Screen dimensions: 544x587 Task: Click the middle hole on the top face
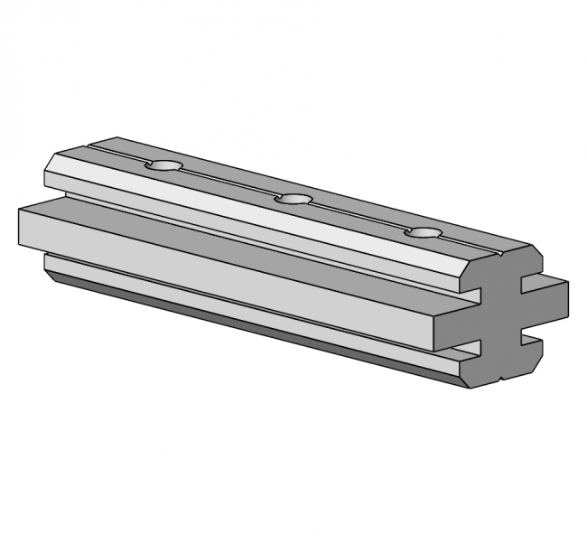[293, 199]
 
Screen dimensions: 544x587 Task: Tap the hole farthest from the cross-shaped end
[165, 166]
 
